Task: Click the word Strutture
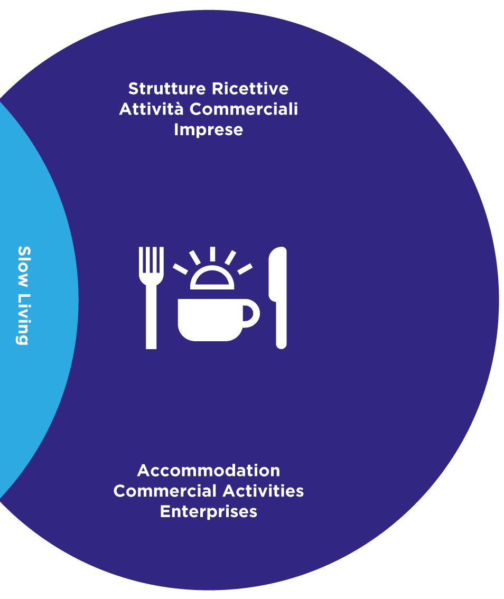click(x=167, y=89)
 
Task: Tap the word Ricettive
click(x=250, y=89)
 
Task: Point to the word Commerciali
click(x=244, y=109)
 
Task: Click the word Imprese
click(x=209, y=130)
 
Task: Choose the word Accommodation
click(x=209, y=471)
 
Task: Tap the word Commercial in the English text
click(x=165, y=491)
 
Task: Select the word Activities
click(x=263, y=491)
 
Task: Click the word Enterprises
click(x=209, y=512)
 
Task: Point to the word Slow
click(x=24, y=267)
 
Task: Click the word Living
click(x=24, y=320)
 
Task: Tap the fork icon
click(x=151, y=298)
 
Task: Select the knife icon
click(x=278, y=298)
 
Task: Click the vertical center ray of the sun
click(x=212, y=255)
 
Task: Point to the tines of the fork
click(x=151, y=260)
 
